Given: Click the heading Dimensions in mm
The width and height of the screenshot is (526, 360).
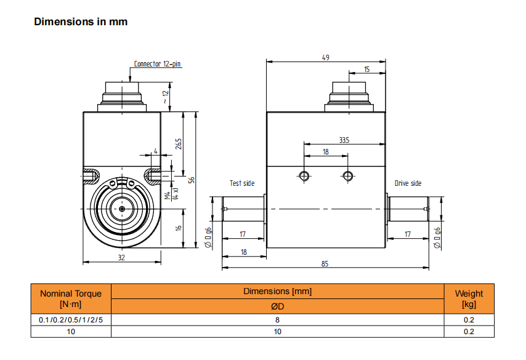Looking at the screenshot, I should pyautogui.click(x=81, y=22).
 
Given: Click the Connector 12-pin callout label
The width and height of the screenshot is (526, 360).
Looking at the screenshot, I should pyautogui.click(x=158, y=63).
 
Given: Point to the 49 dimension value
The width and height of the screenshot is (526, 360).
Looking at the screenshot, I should pyautogui.click(x=326, y=57).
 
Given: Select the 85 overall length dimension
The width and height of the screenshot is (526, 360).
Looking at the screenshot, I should pyautogui.click(x=325, y=263).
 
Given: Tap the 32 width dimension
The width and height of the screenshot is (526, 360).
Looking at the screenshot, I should pyautogui.click(x=121, y=258).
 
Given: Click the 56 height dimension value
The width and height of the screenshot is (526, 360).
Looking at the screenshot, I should pyautogui.click(x=192, y=180).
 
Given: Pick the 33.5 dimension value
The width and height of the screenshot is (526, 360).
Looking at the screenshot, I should pyautogui.click(x=344, y=140).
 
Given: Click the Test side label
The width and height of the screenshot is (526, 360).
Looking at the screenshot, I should pyautogui.click(x=242, y=183).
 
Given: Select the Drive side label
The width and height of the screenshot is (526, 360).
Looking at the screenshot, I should pyautogui.click(x=408, y=183).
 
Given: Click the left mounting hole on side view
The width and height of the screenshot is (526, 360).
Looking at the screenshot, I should pyautogui.click(x=304, y=176).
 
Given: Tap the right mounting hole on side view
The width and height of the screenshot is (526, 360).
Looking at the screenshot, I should pyautogui.click(x=349, y=176).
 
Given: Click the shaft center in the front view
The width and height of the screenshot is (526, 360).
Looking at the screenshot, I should pyautogui.click(x=123, y=209).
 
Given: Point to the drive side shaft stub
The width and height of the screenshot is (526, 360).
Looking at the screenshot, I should pyautogui.click(x=408, y=209).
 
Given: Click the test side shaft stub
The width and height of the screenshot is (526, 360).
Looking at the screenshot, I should pyautogui.click(x=243, y=209).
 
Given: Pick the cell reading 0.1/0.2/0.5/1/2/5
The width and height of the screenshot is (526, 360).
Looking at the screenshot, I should pyautogui.click(x=71, y=320).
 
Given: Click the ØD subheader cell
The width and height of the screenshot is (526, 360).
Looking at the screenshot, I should pyautogui.click(x=277, y=306).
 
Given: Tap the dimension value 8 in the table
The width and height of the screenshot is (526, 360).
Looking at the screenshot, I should pyautogui.click(x=277, y=320).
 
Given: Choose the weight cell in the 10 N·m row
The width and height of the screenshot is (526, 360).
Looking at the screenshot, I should pyautogui.click(x=469, y=332).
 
